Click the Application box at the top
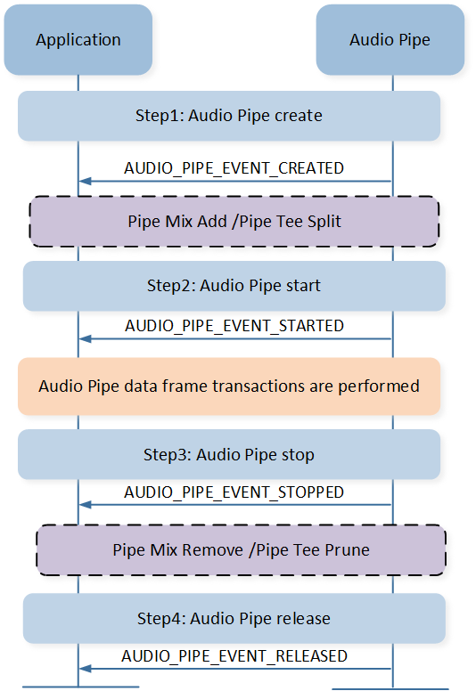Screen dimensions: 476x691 click(x=78, y=40)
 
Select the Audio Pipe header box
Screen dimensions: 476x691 click(x=390, y=40)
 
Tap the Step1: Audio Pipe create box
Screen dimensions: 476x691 click(x=229, y=116)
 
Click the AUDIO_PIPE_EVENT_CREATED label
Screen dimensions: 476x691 click(x=234, y=168)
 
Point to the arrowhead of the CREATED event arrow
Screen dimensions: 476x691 click(x=85, y=181)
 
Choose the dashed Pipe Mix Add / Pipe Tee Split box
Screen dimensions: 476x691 click(x=234, y=221)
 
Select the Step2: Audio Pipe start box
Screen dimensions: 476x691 click(x=234, y=286)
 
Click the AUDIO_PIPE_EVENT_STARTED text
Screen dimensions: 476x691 click(x=234, y=326)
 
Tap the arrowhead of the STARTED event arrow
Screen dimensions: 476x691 click(x=85, y=339)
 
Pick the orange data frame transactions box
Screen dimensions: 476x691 click(x=229, y=386)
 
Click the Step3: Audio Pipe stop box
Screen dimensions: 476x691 click(x=229, y=454)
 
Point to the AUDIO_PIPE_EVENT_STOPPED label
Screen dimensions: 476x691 click(x=234, y=492)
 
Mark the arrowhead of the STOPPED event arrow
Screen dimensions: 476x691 click(x=85, y=505)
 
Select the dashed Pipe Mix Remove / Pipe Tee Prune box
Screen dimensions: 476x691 click(x=241, y=550)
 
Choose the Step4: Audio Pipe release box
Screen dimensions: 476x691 click(x=234, y=618)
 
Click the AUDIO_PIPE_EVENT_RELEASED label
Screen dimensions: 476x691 click(x=234, y=656)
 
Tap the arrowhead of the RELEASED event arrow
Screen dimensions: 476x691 click(x=85, y=669)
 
